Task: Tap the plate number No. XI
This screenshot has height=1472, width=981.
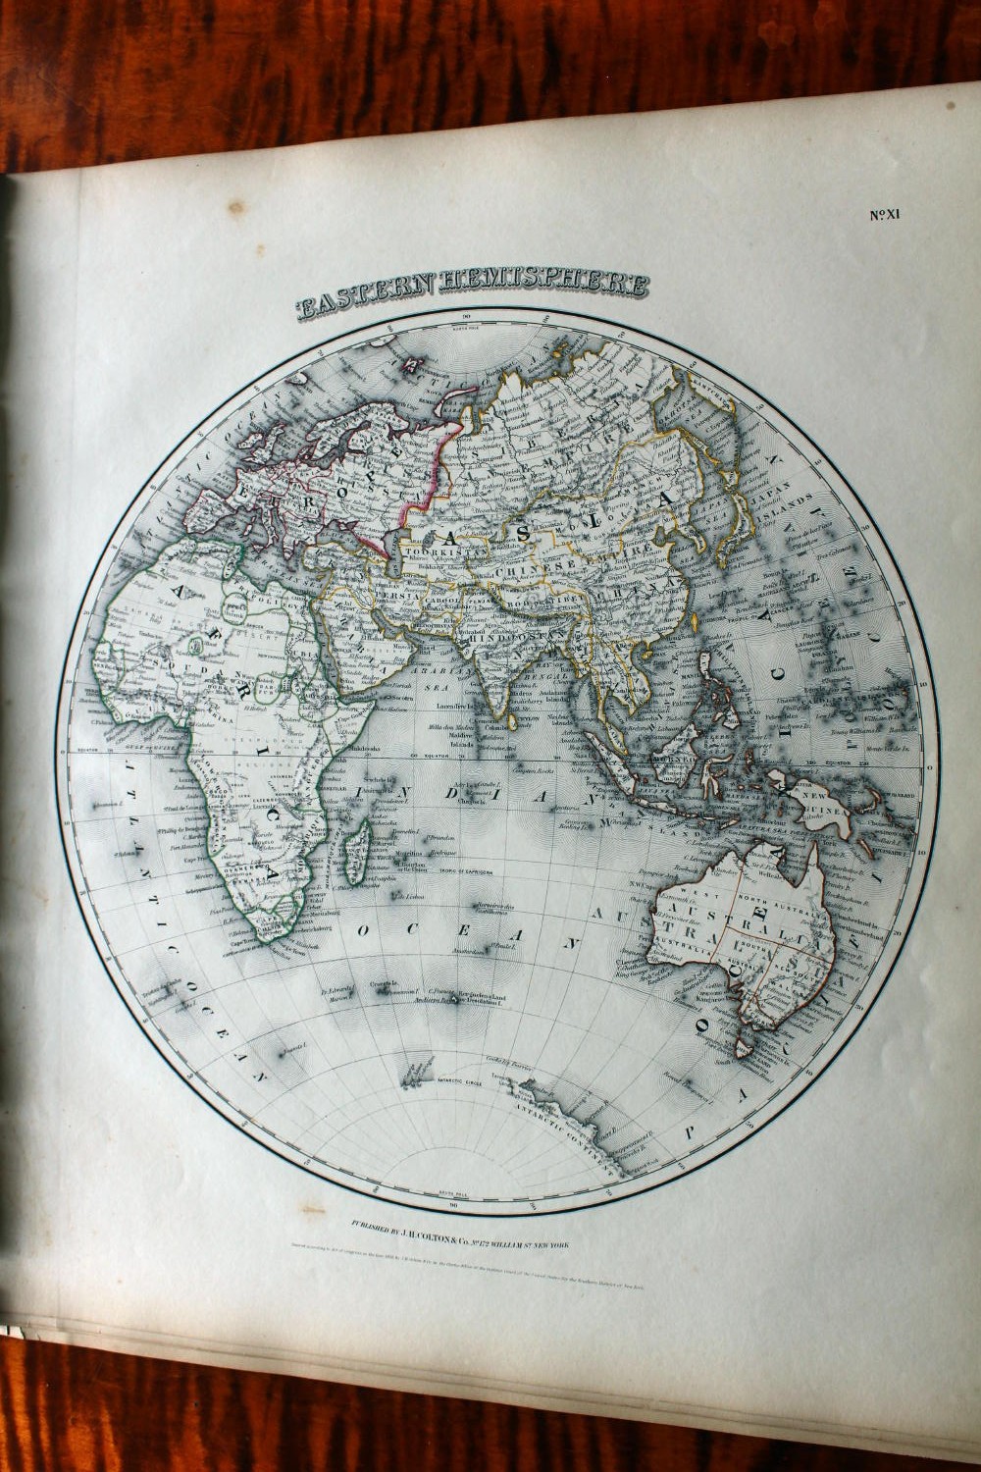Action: point(884,215)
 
